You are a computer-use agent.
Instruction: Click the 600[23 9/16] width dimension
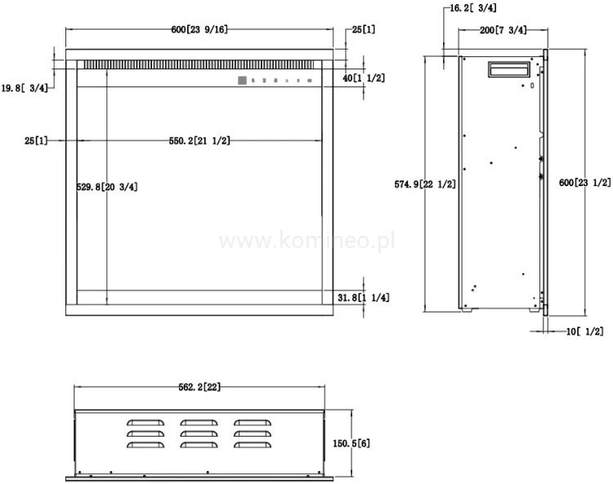tap(199, 29)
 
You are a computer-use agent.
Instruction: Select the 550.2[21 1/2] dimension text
tap(199, 140)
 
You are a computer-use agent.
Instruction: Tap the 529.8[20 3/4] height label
tap(106, 187)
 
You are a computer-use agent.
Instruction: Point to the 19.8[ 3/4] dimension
tap(25, 88)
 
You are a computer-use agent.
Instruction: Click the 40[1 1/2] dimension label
tap(364, 78)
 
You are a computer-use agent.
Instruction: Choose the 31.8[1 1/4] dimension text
tap(363, 298)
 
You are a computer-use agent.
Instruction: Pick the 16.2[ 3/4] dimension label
tap(473, 9)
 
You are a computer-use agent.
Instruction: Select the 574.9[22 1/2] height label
tap(424, 184)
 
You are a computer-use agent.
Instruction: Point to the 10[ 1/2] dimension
tap(584, 331)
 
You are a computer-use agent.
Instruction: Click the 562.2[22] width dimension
tap(199, 387)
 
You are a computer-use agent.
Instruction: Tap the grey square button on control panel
tap(242, 80)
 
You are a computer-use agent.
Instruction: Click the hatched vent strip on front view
tap(196, 64)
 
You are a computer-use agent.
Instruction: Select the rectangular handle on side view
tap(509, 69)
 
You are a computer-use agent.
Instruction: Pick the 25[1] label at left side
tap(36, 140)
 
